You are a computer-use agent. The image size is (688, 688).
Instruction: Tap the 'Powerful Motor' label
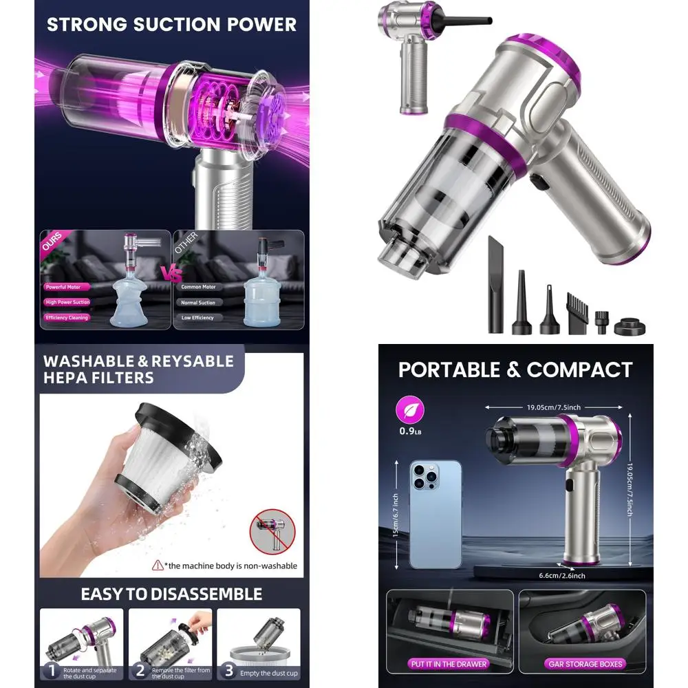coord(63,287)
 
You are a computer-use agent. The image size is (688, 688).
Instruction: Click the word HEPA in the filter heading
coord(66,378)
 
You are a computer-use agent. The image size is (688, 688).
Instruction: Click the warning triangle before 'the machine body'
coord(158,566)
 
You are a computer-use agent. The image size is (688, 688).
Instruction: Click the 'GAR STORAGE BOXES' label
coord(585,664)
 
